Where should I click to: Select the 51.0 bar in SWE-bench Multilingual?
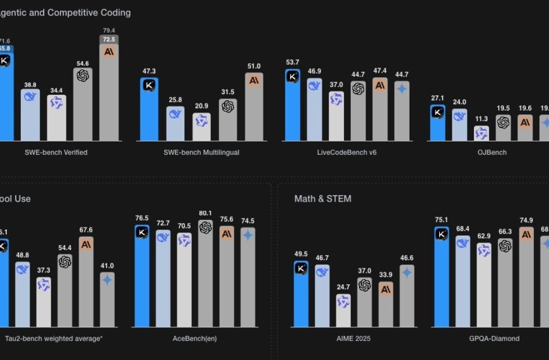point(254,107)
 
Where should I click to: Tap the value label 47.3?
point(149,72)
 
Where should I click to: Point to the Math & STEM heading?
point(322,199)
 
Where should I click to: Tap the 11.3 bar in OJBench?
point(481,133)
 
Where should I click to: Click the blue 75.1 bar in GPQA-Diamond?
point(442,278)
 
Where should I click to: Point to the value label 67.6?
point(86,230)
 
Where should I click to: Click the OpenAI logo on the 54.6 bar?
point(83,75)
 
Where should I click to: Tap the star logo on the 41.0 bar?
point(107,279)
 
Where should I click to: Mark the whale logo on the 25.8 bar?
point(175,114)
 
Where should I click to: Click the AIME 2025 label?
point(353,339)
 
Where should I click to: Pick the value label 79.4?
point(109,30)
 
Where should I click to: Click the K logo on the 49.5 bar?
point(301,268)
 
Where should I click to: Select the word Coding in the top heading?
point(114,13)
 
